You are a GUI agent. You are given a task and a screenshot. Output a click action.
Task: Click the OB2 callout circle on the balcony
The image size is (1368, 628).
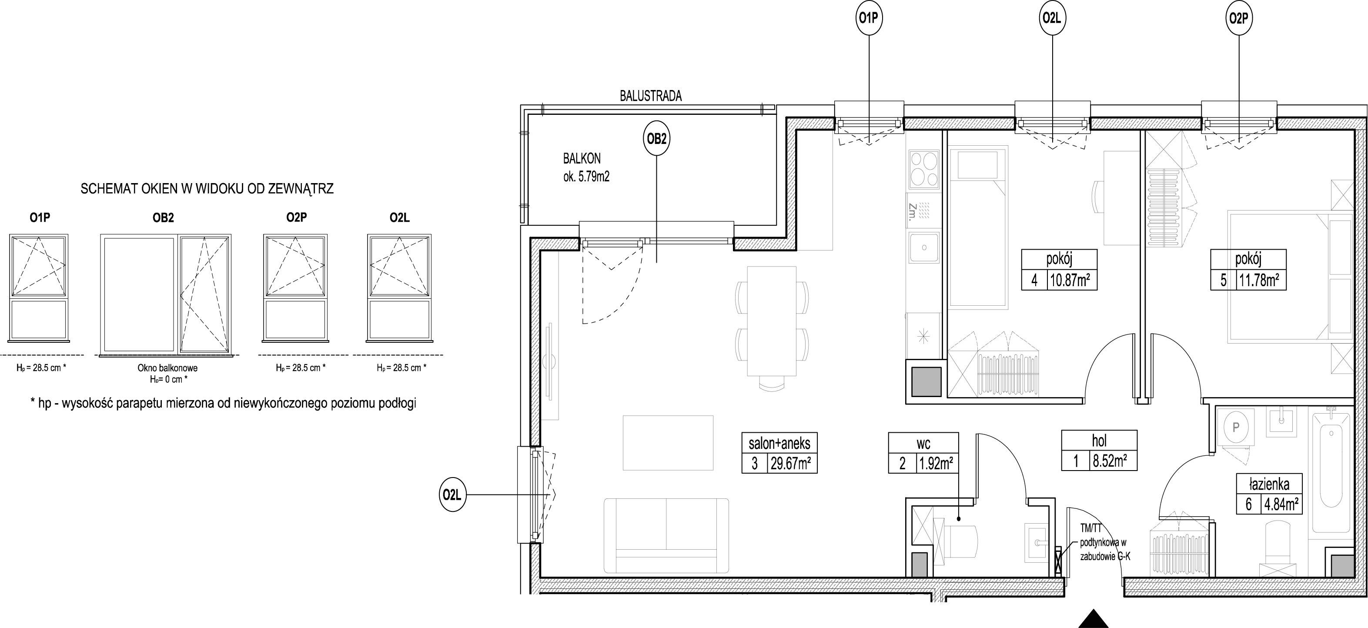click(656, 139)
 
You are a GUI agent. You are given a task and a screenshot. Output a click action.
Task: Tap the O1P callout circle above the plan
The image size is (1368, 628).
click(870, 18)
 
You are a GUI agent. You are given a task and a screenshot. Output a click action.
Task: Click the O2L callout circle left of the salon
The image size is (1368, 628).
click(453, 495)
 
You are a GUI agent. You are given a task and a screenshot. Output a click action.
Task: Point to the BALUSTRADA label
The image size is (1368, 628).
click(651, 96)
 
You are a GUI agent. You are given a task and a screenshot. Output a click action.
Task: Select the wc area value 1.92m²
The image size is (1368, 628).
click(936, 464)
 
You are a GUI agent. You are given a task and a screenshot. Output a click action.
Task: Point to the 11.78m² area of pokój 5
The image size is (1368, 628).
click(1262, 280)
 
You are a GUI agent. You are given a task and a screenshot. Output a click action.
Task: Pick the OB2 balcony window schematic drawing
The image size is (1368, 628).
click(166, 294)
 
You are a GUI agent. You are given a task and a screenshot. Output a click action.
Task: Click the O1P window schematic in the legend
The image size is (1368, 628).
click(39, 287)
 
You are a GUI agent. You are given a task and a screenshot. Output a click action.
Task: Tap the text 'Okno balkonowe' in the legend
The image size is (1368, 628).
click(167, 367)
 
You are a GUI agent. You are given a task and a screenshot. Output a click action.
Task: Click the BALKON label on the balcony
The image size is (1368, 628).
click(582, 158)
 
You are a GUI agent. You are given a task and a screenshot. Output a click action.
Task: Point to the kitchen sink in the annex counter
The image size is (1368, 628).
click(924, 247)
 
